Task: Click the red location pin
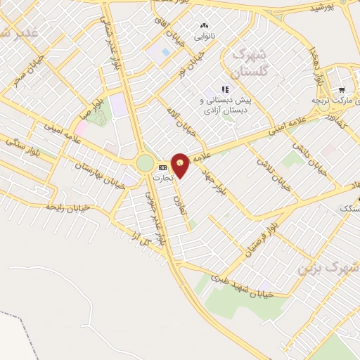coord(180,165)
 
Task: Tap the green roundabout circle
coord(145,163)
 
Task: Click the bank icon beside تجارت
coord(163,167)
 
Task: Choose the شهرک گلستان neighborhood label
coord(249,63)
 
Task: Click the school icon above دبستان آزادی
coord(225,89)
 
